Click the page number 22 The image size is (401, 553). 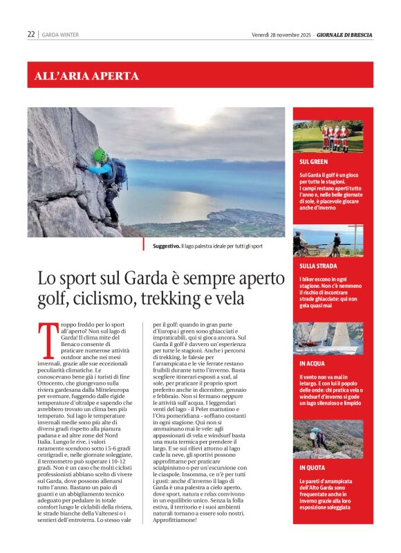(x=31, y=34)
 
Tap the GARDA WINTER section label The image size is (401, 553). (x=60, y=35)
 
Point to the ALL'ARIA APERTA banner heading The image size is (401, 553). (x=86, y=76)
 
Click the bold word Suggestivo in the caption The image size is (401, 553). (x=166, y=246)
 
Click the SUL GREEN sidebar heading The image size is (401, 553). (x=314, y=161)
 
